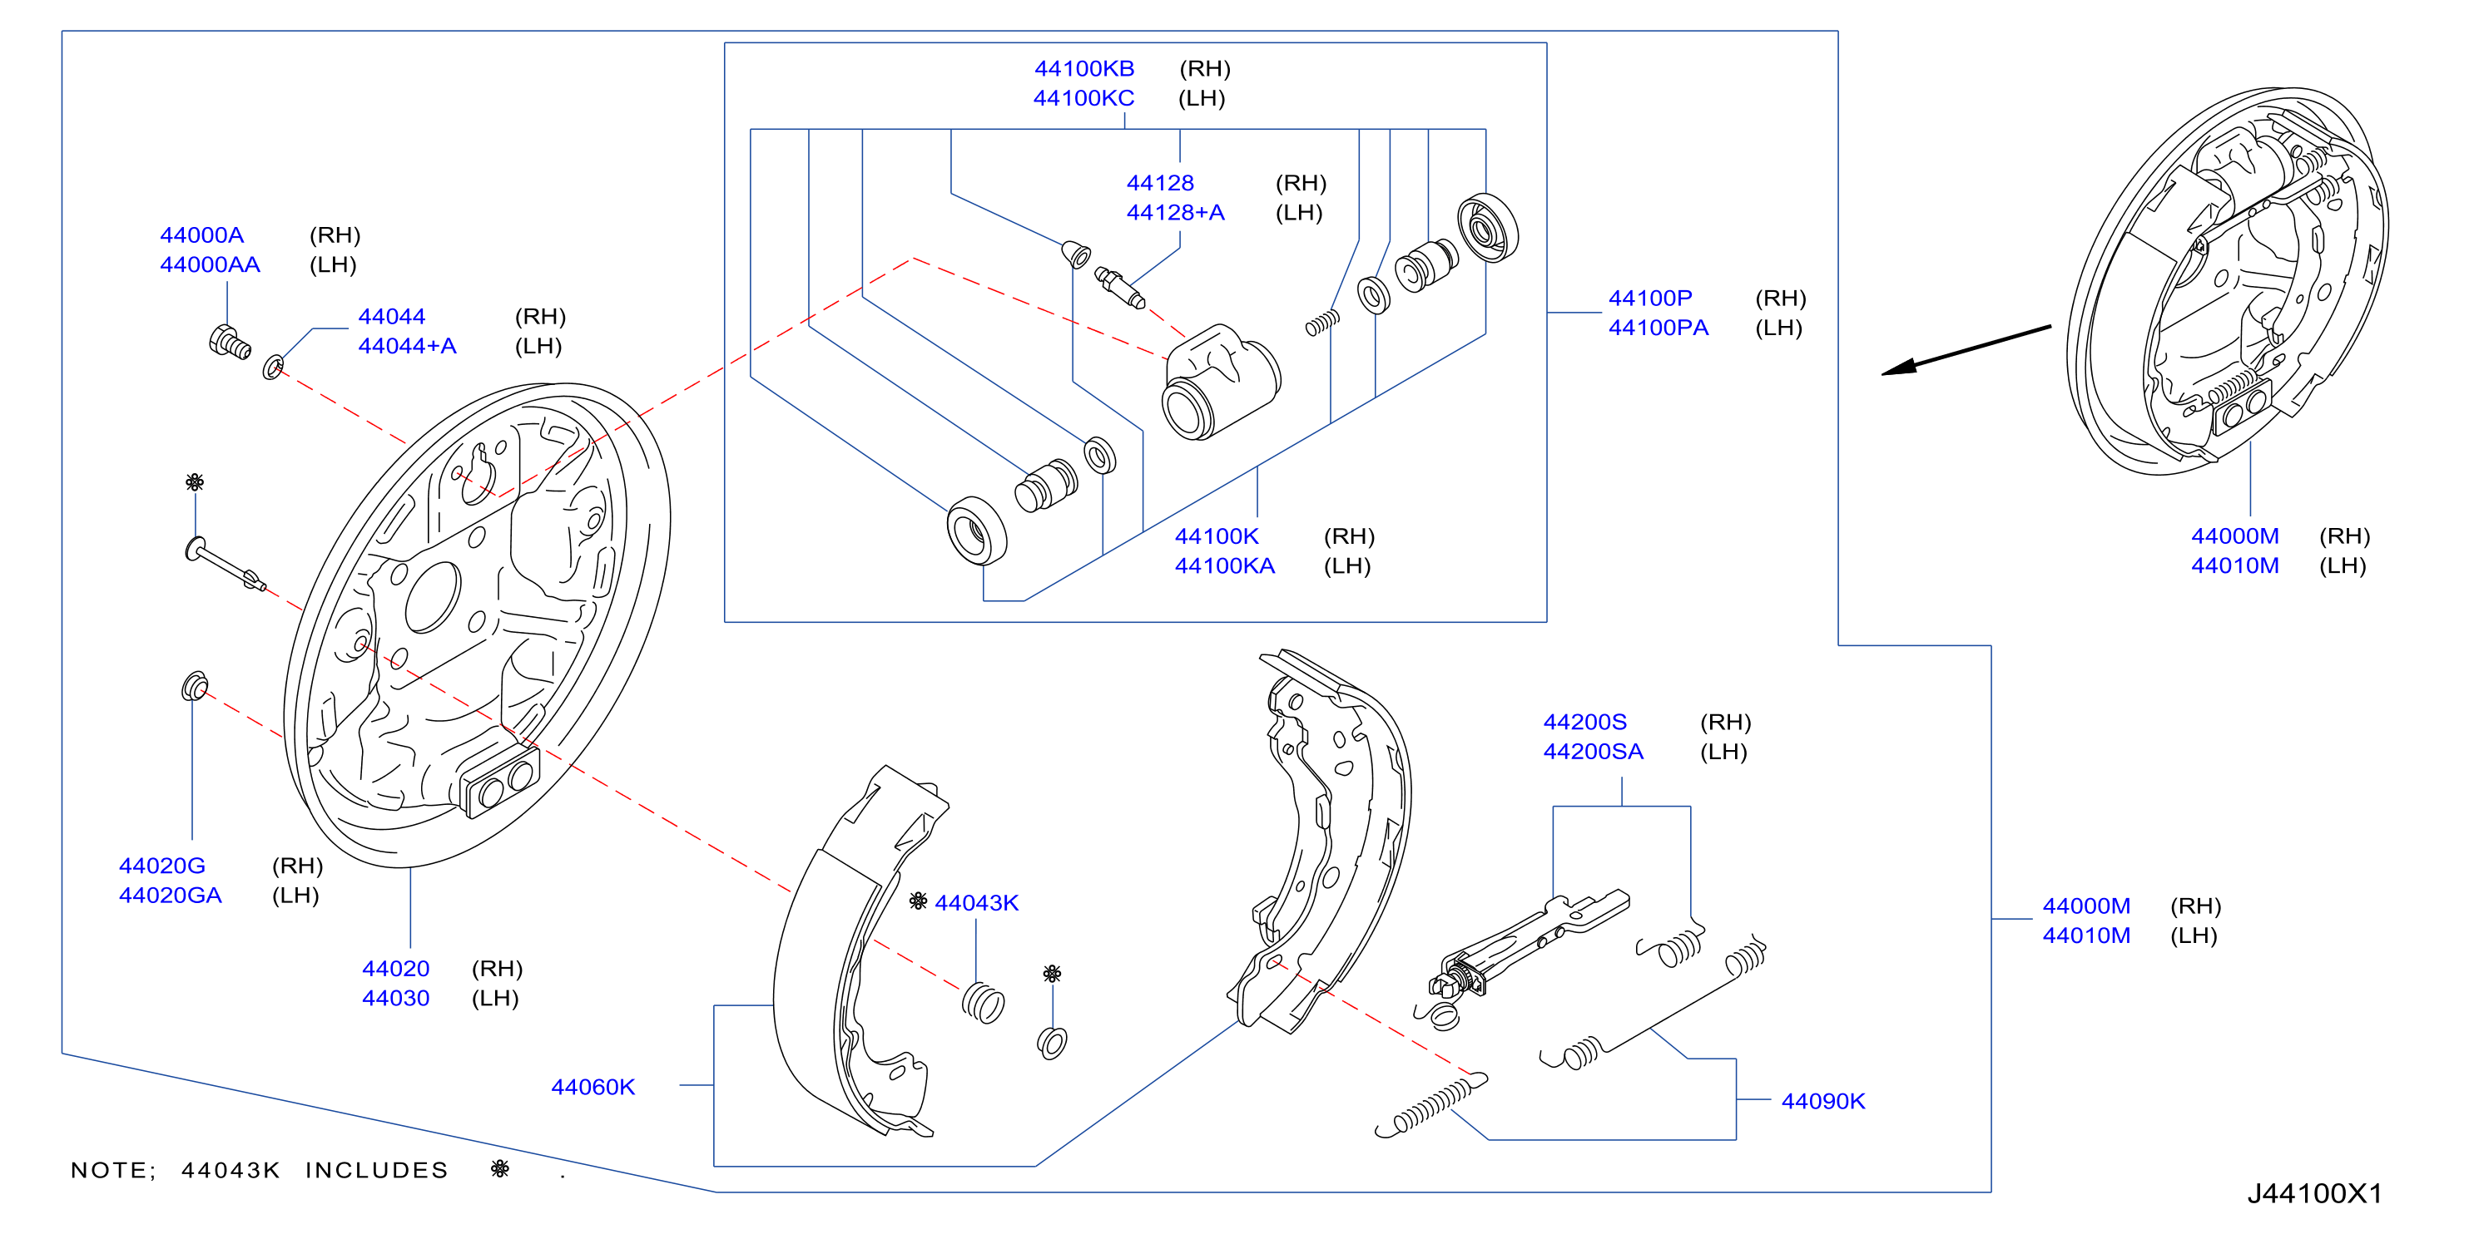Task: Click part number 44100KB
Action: pyautogui.click(x=1083, y=68)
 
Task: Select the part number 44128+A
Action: pyautogui.click(x=1175, y=213)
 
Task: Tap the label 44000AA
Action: pyautogui.click(x=210, y=264)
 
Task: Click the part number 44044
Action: pyautogui.click(x=392, y=317)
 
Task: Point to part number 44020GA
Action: pyautogui.click(x=171, y=896)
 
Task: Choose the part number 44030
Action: pyautogui.click(x=395, y=999)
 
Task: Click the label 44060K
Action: pyautogui.click(x=592, y=1087)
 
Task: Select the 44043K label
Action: pyautogui.click(x=977, y=903)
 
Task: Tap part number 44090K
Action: pyautogui.click(x=1822, y=1101)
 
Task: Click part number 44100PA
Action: pyautogui.click(x=1658, y=328)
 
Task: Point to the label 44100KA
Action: pyautogui.click(x=1224, y=566)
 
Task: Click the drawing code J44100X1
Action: pyautogui.click(x=2314, y=1193)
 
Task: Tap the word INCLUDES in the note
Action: pyautogui.click(x=377, y=1171)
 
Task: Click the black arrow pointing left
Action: pyautogui.click(x=1966, y=350)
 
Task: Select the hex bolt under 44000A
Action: pyautogui.click(x=230, y=343)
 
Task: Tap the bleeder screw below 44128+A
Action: pyautogui.click(x=1120, y=289)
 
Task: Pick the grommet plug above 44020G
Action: pyautogui.click(x=195, y=686)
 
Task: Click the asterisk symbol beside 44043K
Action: pyautogui.click(x=918, y=901)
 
